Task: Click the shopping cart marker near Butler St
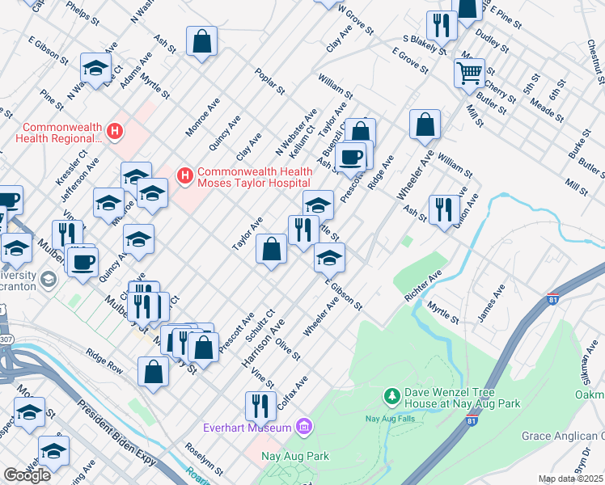[x=469, y=74]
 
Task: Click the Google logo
[x=27, y=474]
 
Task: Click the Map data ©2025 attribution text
[x=571, y=479]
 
